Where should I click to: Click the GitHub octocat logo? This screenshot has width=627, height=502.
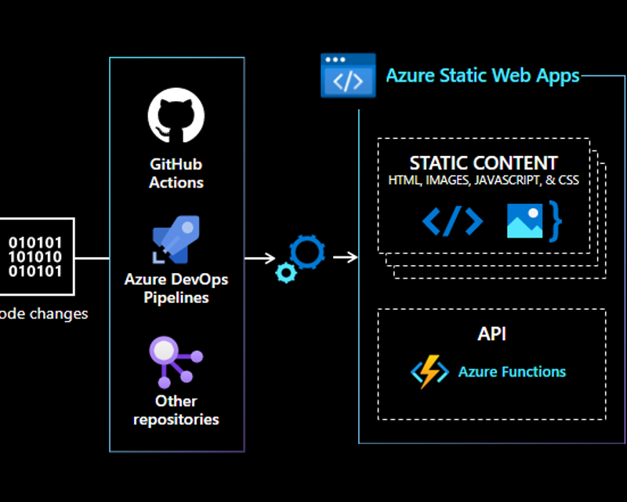tap(176, 115)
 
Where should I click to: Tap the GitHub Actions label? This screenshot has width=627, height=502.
tap(176, 173)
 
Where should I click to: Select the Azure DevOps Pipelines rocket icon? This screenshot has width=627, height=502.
tap(176, 239)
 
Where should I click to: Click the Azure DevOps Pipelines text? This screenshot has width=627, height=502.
tap(176, 288)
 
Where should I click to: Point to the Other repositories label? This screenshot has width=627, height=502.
tap(176, 409)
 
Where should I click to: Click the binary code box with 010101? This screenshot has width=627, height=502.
tap(35, 256)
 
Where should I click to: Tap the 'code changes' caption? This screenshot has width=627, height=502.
tap(43, 314)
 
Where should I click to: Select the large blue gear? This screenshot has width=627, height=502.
tap(306, 251)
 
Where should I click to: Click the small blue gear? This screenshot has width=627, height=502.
tap(286, 272)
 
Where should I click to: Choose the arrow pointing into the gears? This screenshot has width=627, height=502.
tap(259, 257)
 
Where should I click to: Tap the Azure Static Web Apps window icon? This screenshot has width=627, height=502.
tap(348, 76)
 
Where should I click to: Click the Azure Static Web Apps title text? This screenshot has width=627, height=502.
tap(482, 76)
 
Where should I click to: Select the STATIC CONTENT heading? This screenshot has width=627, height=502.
tap(484, 163)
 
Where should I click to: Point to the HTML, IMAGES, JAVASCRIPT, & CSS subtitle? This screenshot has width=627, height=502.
tap(484, 180)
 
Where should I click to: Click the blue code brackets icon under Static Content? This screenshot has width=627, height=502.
tap(452, 222)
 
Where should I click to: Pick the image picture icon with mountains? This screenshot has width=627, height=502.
tap(524, 220)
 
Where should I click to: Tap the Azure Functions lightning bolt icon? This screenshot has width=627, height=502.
tap(429, 372)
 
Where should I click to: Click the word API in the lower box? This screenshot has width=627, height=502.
tap(491, 333)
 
